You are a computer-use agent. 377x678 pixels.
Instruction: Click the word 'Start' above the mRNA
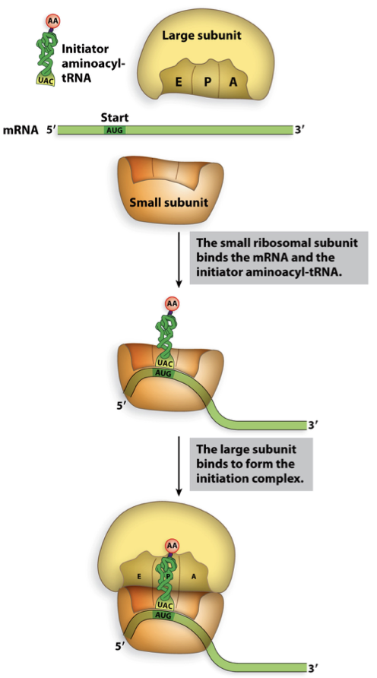(115, 118)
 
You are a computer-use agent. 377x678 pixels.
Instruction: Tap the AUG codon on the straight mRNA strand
(116, 130)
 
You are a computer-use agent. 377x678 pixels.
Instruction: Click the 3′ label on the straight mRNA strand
(299, 131)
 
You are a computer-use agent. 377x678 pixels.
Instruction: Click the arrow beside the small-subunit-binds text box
(179, 258)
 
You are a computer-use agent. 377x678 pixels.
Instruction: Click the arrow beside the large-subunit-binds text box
(179, 464)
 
